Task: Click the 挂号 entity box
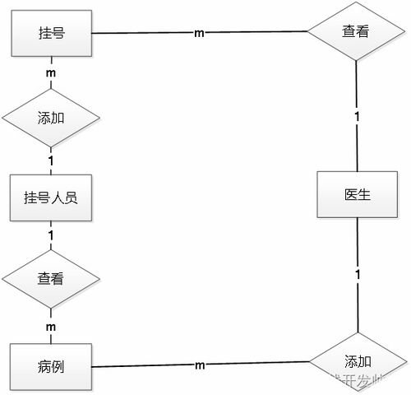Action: pyautogui.click(x=51, y=33)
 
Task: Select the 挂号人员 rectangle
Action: pyautogui.click(x=51, y=197)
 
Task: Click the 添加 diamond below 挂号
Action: pyautogui.click(x=51, y=116)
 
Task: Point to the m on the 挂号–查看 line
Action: pyautogui.click(x=198, y=33)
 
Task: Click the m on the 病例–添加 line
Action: pyautogui.click(x=200, y=364)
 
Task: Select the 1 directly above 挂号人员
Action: pyautogui.click(x=51, y=160)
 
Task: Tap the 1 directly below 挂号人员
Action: pyautogui.click(x=51, y=235)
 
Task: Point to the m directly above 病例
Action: pyautogui.click(x=51, y=327)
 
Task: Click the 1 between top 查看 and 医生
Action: pyautogui.click(x=357, y=117)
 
